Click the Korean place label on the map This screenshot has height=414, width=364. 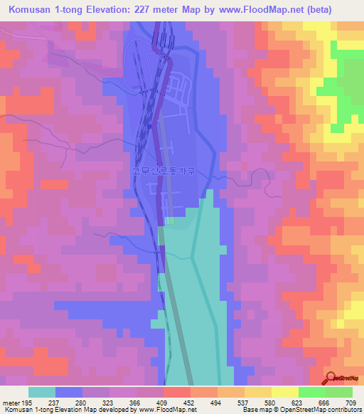166,171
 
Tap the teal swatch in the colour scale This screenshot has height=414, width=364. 42,392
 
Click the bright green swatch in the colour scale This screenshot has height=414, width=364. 311,392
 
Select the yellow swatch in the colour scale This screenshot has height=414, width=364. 284,392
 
